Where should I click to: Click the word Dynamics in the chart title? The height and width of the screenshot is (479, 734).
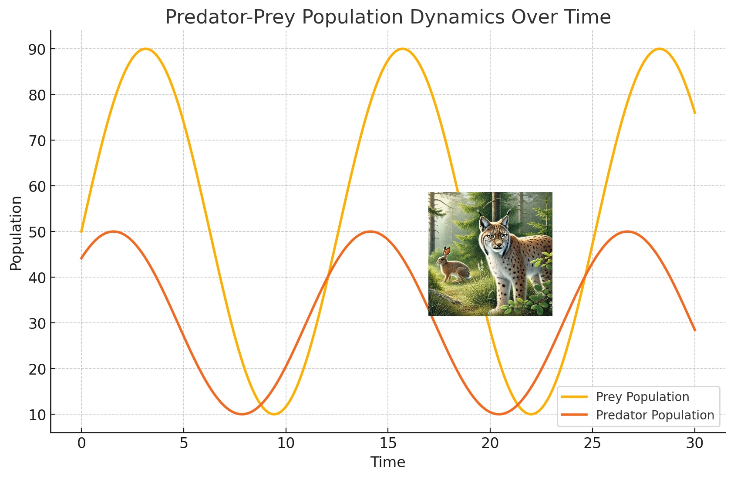click(457, 17)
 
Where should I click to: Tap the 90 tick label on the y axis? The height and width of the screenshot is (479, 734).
click(37, 50)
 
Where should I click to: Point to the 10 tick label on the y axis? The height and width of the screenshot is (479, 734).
click(37, 415)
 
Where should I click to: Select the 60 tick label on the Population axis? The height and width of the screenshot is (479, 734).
click(37, 187)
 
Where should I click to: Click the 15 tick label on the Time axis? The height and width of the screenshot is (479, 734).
click(388, 443)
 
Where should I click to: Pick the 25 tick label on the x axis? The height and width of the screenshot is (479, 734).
click(593, 443)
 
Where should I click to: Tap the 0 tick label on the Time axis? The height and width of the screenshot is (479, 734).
click(81, 443)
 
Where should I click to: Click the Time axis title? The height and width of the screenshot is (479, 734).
click(387, 462)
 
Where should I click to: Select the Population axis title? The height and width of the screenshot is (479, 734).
click(15, 233)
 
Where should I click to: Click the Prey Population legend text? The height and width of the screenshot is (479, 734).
click(643, 397)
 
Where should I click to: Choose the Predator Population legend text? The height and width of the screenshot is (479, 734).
click(655, 415)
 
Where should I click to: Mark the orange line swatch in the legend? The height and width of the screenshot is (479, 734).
click(574, 415)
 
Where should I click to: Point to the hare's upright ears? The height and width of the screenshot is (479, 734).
click(446, 253)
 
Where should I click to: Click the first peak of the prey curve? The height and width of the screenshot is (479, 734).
click(145, 49)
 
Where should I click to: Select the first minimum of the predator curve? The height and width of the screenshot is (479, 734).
click(242, 414)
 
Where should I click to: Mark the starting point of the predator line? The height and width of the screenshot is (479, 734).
click(81, 259)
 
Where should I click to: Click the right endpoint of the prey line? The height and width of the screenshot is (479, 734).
click(695, 113)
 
